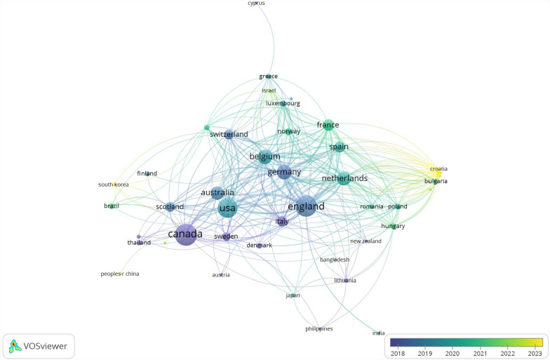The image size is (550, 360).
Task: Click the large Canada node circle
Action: click(186, 234)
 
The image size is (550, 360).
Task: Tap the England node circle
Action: click(306, 207)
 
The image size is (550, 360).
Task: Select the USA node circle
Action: click(228, 208)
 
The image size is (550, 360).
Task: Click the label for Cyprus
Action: click(257, 4)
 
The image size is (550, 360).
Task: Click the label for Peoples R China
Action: click(120, 274)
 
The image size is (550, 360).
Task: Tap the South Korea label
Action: click(113, 185)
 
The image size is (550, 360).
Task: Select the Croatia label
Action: click(438, 169)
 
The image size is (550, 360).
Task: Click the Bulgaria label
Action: click(436, 181)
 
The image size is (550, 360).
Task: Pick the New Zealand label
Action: click(365, 241)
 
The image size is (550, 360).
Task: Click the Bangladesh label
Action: click(335, 260)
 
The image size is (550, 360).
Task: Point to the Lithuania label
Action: click(345, 281)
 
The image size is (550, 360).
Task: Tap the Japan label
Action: click(293, 295)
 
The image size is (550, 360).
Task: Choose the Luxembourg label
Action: click(283, 104)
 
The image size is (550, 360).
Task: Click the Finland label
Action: click(147, 173)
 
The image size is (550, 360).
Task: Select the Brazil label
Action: click(111, 206)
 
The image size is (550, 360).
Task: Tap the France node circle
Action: click(328, 126)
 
